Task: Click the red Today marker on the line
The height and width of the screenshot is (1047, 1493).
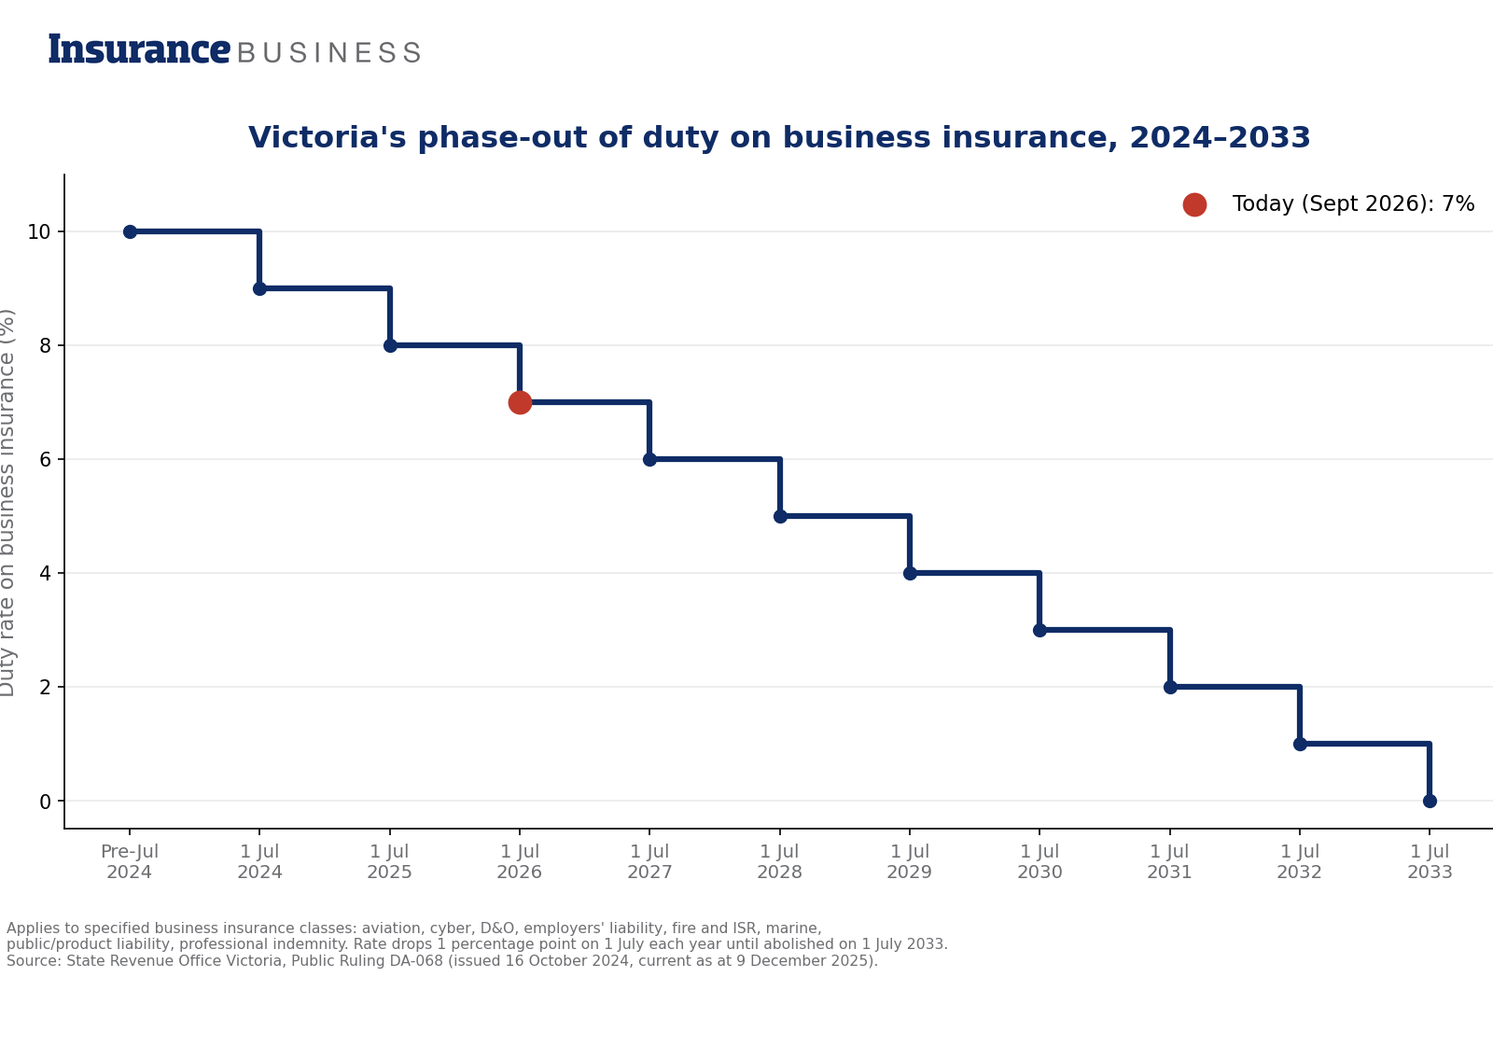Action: [x=520, y=402]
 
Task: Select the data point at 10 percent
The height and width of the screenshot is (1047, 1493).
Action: [x=130, y=232]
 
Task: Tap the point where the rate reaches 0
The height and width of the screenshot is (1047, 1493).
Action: [x=1430, y=801]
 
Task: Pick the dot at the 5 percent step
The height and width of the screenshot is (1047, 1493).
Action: [x=780, y=517]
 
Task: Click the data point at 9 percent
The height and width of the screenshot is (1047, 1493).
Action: [x=260, y=288]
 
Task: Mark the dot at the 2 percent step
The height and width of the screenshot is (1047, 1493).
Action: [x=1170, y=687]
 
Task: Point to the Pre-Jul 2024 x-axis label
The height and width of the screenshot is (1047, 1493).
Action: [x=130, y=861]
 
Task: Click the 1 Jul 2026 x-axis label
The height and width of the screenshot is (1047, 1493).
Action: [x=519, y=861]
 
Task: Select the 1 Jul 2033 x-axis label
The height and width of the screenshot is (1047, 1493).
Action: [x=1430, y=861]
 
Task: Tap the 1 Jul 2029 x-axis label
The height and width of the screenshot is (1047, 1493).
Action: [x=909, y=861]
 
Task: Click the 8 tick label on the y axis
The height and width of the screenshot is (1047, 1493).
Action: [x=46, y=346]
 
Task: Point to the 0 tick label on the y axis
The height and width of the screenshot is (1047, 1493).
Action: [x=46, y=802]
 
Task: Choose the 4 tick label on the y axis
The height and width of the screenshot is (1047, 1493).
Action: [x=46, y=574]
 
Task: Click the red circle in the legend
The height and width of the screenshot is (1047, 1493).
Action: [x=1194, y=204]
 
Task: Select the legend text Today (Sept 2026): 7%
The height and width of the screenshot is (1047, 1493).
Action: [x=1353, y=204]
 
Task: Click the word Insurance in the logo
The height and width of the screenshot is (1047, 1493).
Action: [x=139, y=49]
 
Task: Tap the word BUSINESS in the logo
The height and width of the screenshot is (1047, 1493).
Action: [x=328, y=52]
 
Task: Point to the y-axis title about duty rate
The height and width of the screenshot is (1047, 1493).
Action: [x=7, y=503]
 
